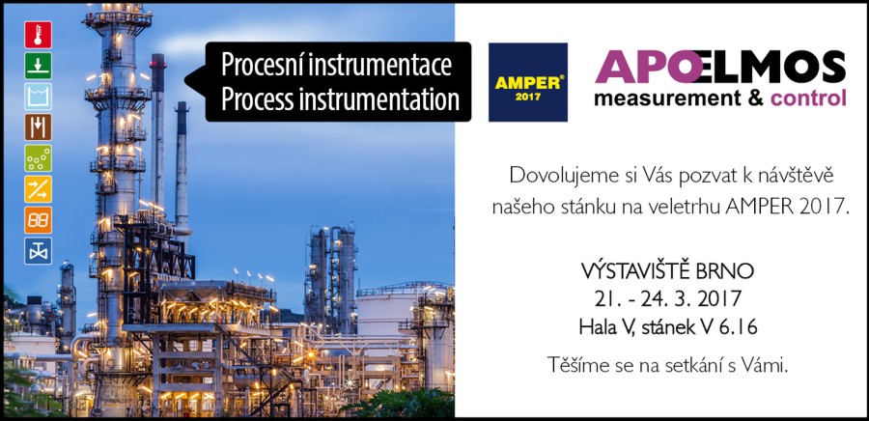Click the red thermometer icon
39,35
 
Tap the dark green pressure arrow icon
39,66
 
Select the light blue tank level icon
39,97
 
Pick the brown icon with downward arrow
39,127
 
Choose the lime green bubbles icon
39,158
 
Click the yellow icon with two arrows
39,189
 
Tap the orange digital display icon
39,220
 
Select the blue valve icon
39,251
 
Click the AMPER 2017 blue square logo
527,82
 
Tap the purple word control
808,98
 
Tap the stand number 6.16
739,327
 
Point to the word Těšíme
574,365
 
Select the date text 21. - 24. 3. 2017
667,299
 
